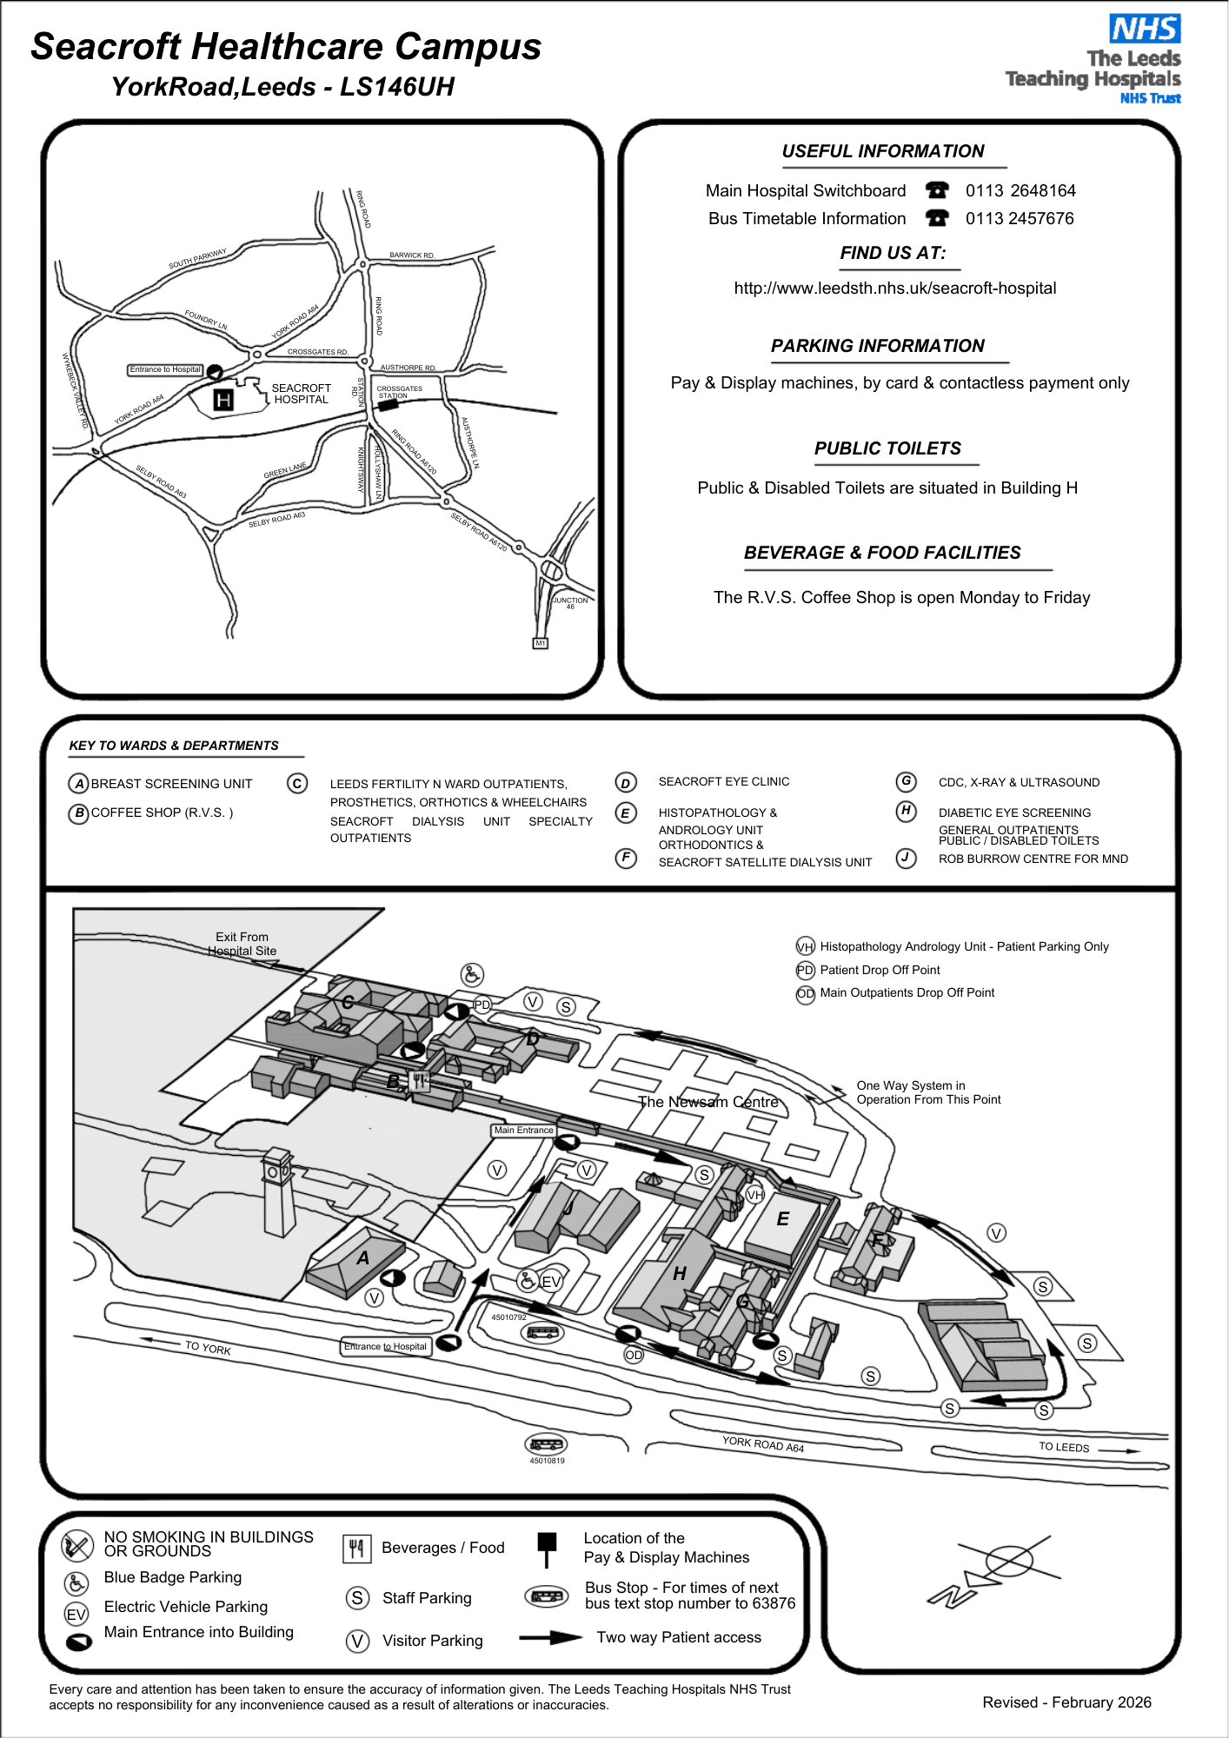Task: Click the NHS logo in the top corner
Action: tap(1145, 29)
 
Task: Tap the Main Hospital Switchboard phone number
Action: tap(1020, 190)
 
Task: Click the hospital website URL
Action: tap(894, 288)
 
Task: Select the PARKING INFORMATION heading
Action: tap(877, 346)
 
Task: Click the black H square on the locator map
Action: tap(223, 400)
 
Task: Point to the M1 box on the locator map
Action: tap(540, 643)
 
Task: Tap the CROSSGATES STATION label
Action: tap(398, 392)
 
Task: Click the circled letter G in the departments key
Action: tap(906, 781)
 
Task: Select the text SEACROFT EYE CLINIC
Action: tap(723, 781)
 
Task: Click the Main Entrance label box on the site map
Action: tap(523, 1130)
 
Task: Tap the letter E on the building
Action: tap(782, 1219)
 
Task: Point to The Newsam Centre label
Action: tap(708, 1102)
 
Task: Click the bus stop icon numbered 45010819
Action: tap(546, 1444)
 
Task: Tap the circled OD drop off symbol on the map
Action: tap(634, 1355)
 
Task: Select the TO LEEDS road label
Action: tap(1064, 1447)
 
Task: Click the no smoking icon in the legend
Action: tap(77, 1545)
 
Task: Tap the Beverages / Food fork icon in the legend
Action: tap(356, 1548)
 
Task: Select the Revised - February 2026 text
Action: tap(1066, 1702)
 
